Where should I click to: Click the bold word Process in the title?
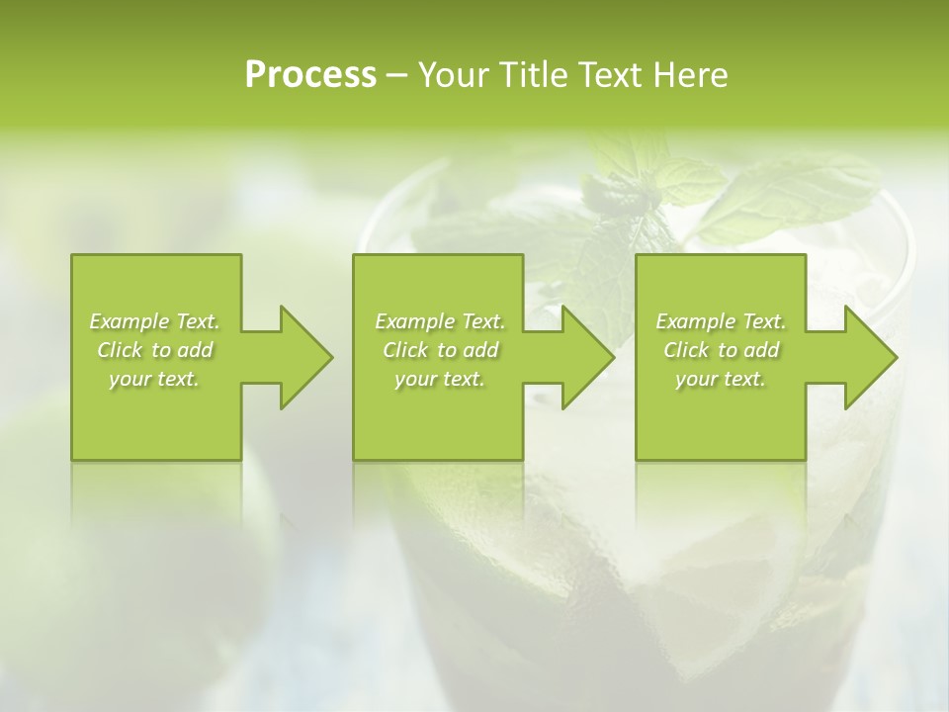click(x=310, y=75)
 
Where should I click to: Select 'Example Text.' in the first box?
click(x=154, y=321)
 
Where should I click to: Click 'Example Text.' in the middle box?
click(x=439, y=321)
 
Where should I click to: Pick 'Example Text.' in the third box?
click(x=721, y=321)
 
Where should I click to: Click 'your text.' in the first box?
click(x=154, y=379)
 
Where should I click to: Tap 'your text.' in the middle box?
click(x=439, y=379)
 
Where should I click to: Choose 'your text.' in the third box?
click(x=721, y=379)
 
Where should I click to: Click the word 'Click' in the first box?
click(x=120, y=350)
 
